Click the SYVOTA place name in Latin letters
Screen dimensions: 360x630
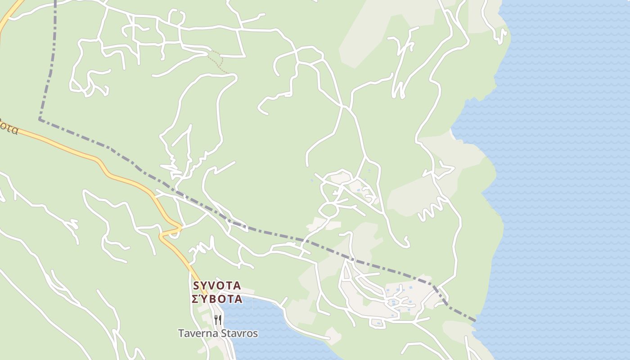click(217, 286)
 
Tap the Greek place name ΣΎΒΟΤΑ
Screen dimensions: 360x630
click(217, 299)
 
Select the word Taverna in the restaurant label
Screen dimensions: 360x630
click(197, 333)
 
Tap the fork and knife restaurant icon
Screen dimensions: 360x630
click(218, 320)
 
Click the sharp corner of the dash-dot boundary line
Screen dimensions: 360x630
click(40, 119)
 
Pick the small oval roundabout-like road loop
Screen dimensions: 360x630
click(329, 210)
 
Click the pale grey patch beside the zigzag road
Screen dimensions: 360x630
click(405, 198)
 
